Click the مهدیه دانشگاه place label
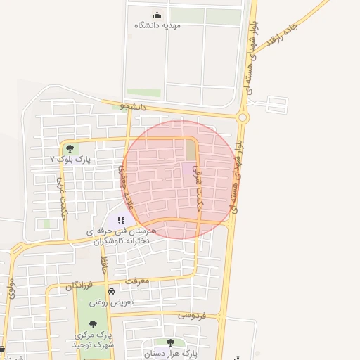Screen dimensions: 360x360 coord(157,25)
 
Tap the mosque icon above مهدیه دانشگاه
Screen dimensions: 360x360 coord(157,15)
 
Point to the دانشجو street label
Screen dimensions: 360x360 coord(133,107)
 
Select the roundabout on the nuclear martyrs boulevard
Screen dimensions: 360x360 coord(243,117)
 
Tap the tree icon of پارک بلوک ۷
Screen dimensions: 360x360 coord(69,148)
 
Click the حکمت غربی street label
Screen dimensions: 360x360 coord(62,198)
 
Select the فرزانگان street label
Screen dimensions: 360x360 coord(79,285)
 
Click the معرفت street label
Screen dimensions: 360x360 coord(136,281)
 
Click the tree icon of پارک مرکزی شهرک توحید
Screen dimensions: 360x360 coord(93,324)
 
